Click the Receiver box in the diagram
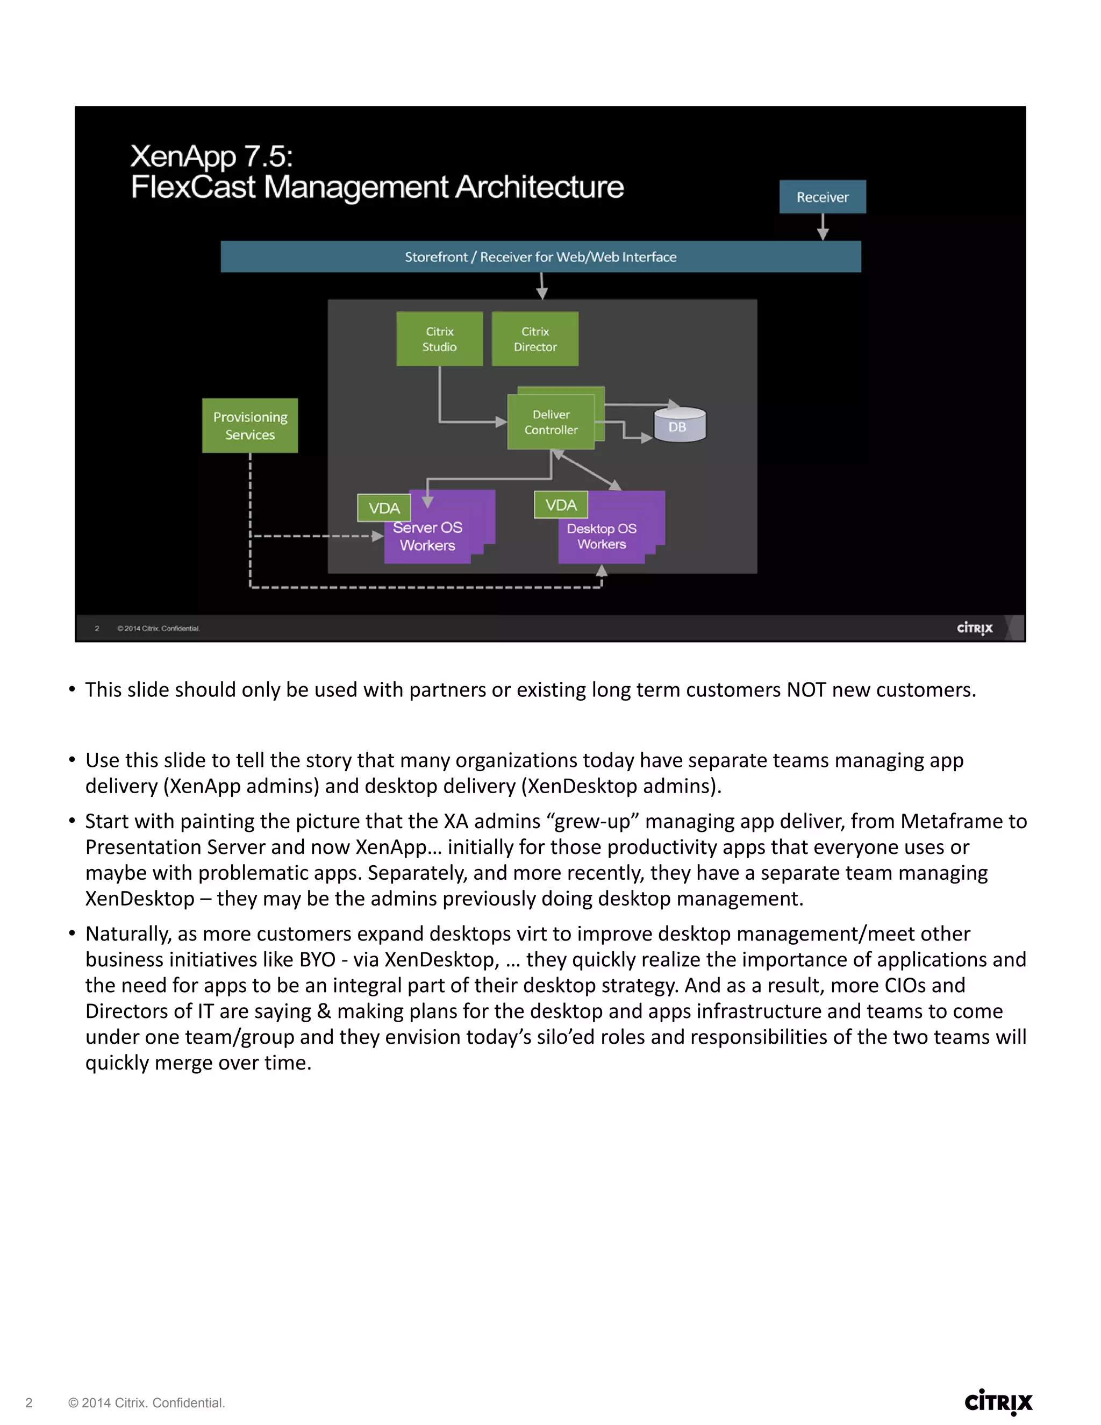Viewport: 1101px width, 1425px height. pos(823,197)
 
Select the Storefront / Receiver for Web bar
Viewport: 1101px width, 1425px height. pos(540,256)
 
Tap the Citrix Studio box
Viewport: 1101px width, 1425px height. pos(439,339)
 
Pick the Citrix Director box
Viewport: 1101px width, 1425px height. pos(535,339)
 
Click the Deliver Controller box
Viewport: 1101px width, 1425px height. pos(550,422)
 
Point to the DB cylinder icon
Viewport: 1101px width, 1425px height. pos(680,425)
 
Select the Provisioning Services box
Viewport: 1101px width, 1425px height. pos(250,425)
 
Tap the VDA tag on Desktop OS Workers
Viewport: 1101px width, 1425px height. pos(561,505)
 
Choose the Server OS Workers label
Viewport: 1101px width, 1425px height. pos(428,536)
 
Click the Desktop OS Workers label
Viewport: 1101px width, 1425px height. pos(602,536)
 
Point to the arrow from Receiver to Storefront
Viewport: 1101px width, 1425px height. pos(823,227)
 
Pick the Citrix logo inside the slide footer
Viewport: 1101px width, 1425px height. pos(975,628)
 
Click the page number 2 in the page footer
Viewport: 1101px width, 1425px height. pos(28,1403)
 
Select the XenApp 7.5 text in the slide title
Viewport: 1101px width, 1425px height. pos(211,156)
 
